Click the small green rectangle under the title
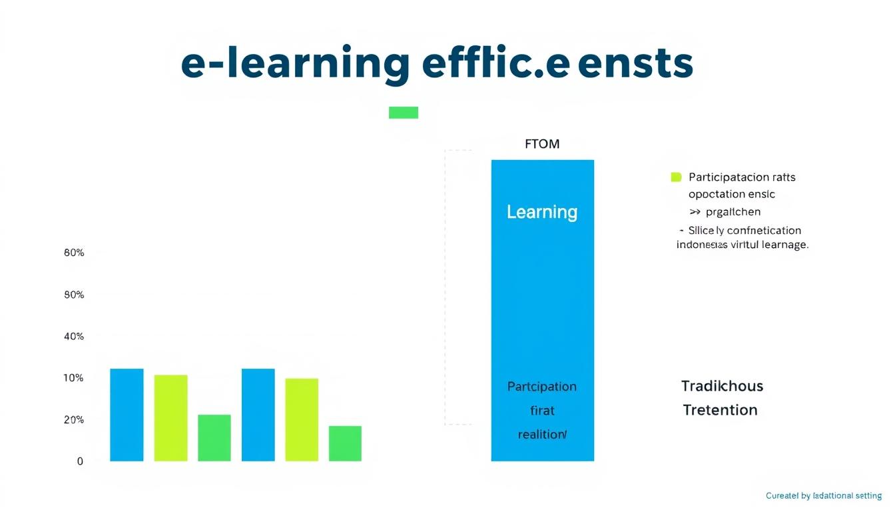[x=404, y=113]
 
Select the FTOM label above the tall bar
[x=542, y=144]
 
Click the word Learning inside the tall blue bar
[x=542, y=212]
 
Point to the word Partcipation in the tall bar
[x=542, y=387]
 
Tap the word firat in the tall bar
[x=542, y=411]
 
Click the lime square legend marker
[x=676, y=177]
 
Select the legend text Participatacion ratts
[x=742, y=177]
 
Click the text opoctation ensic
[x=732, y=195]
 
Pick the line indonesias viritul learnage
[x=742, y=245]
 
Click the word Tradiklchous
[x=722, y=386]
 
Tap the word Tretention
[x=720, y=410]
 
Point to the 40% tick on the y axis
[x=74, y=337]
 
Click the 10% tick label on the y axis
[x=74, y=378]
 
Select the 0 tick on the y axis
[x=80, y=461]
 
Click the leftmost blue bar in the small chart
[x=127, y=415]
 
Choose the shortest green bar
[x=345, y=443]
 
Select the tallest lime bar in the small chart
[x=170, y=418]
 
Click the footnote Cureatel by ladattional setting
[x=824, y=496]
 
